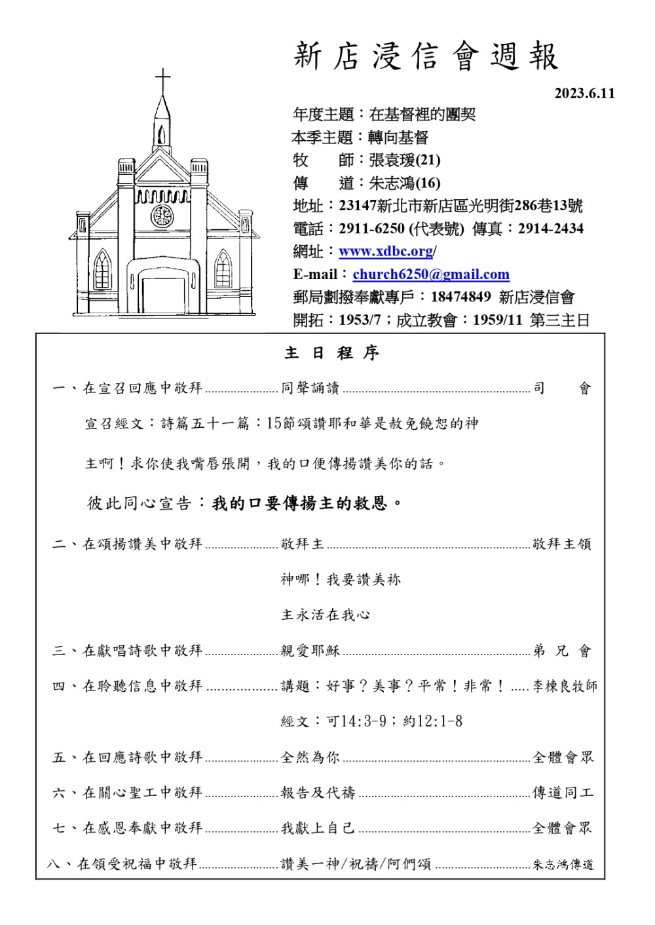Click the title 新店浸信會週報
tap(426, 56)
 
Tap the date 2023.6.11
tap(584, 94)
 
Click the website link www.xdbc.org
tap(386, 252)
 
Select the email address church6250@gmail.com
tap(430, 274)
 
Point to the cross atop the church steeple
tap(162, 81)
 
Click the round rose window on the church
tap(162, 216)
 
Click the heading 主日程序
tap(331, 354)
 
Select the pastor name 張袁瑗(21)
tap(404, 160)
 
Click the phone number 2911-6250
tap(371, 229)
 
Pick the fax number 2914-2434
tap(550, 229)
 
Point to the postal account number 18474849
tap(460, 297)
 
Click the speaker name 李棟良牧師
tap(565, 687)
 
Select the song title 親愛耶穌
tap(310, 651)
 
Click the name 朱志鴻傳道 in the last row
tap(563, 865)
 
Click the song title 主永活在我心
tap(326, 615)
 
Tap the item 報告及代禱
tap(318, 793)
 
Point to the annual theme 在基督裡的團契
tap(422, 115)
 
